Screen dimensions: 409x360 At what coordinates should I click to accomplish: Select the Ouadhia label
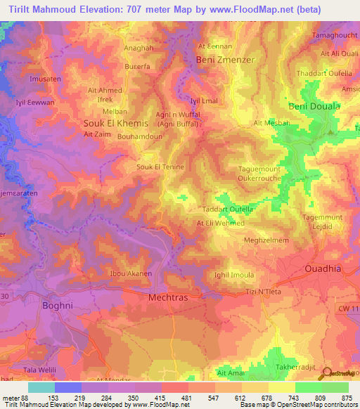pos(325,269)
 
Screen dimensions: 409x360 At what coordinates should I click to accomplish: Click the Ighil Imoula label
pos(234,275)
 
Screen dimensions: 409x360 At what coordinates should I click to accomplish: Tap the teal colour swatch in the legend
pos(41,387)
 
